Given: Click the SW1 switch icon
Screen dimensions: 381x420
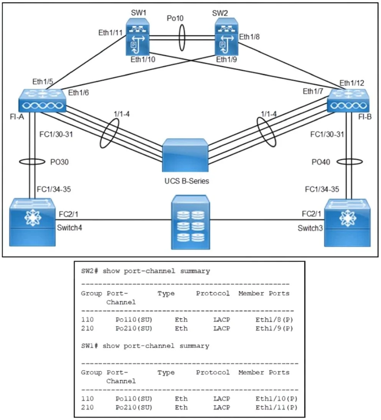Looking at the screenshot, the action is [x=138, y=37].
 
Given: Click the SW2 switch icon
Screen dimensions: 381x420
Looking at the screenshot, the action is [x=226, y=37].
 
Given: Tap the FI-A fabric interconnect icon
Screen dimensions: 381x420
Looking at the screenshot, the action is [x=42, y=101].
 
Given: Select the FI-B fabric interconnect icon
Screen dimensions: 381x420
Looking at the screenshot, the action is [x=348, y=101].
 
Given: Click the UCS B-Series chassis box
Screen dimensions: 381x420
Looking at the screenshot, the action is [x=185, y=155].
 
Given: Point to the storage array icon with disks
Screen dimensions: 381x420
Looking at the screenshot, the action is [x=190, y=222].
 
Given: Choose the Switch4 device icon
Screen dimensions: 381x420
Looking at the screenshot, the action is [x=32, y=222].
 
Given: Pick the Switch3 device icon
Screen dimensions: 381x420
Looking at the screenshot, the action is [x=348, y=223].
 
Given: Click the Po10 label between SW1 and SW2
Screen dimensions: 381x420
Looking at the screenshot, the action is [x=175, y=18].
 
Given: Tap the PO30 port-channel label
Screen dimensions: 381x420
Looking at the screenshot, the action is [x=59, y=162].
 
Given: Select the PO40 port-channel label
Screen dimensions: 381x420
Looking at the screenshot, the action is [x=321, y=162].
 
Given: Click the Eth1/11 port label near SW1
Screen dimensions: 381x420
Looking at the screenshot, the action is [x=111, y=33].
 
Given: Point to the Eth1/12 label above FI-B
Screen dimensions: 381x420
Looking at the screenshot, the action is [x=352, y=83].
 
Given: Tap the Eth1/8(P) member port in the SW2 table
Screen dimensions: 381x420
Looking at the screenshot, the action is [x=274, y=319].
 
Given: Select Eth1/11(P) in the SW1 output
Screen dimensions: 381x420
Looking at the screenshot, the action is [x=276, y=407].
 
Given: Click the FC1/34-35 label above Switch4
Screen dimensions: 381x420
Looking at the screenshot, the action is [x=54, y=189].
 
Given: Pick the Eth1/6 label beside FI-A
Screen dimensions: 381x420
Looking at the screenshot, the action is [x=78, y=93].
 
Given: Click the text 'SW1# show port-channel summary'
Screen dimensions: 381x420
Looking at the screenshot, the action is [x=145, y=346].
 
